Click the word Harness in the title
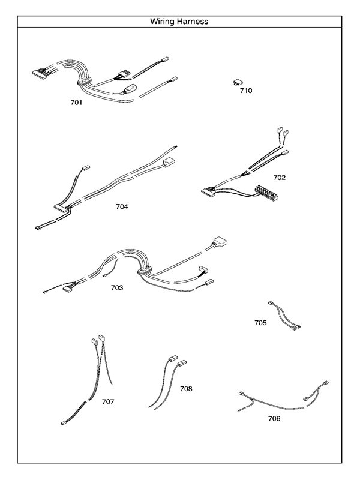[193, 22]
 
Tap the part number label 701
[76, 103]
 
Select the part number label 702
[279, 178]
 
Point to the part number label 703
[116, 288]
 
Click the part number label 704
[122, 206]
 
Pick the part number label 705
[260, 323]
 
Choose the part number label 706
[274, 419]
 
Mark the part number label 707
[108, 401]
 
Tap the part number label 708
[186, 389]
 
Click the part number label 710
[246, 91]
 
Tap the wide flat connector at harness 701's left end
[41, 73]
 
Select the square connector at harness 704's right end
[169, 161]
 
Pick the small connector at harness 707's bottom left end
[64, 424]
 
